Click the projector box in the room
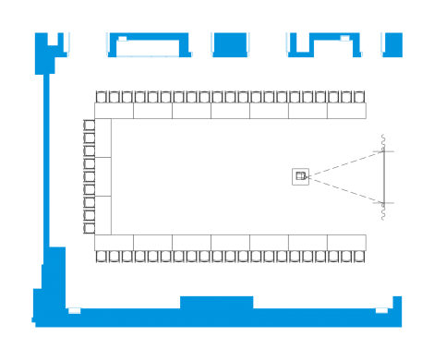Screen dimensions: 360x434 click(301, 175)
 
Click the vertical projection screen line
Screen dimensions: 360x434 click(384, 175)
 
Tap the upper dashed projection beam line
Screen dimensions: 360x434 click(346, 162)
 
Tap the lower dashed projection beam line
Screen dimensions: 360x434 click(346, 188)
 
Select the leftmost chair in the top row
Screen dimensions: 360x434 click(102, 96)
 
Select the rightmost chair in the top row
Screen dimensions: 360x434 click(359, 96)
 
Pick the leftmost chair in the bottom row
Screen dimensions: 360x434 click(102, 256)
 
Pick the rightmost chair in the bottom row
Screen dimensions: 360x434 click(359, 256)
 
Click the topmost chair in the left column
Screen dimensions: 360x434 click(90, 126)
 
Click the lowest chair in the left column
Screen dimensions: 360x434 click(90, 227)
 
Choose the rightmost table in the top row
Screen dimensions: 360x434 click(346, 111)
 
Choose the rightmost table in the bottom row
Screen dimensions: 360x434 click(346, 242)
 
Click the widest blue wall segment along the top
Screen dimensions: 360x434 click(147, 46)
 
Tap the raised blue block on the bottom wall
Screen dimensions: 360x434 click(216, 302)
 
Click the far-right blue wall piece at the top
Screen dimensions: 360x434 click(392, 43)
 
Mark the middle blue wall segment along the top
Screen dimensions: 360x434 click(231, 44)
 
